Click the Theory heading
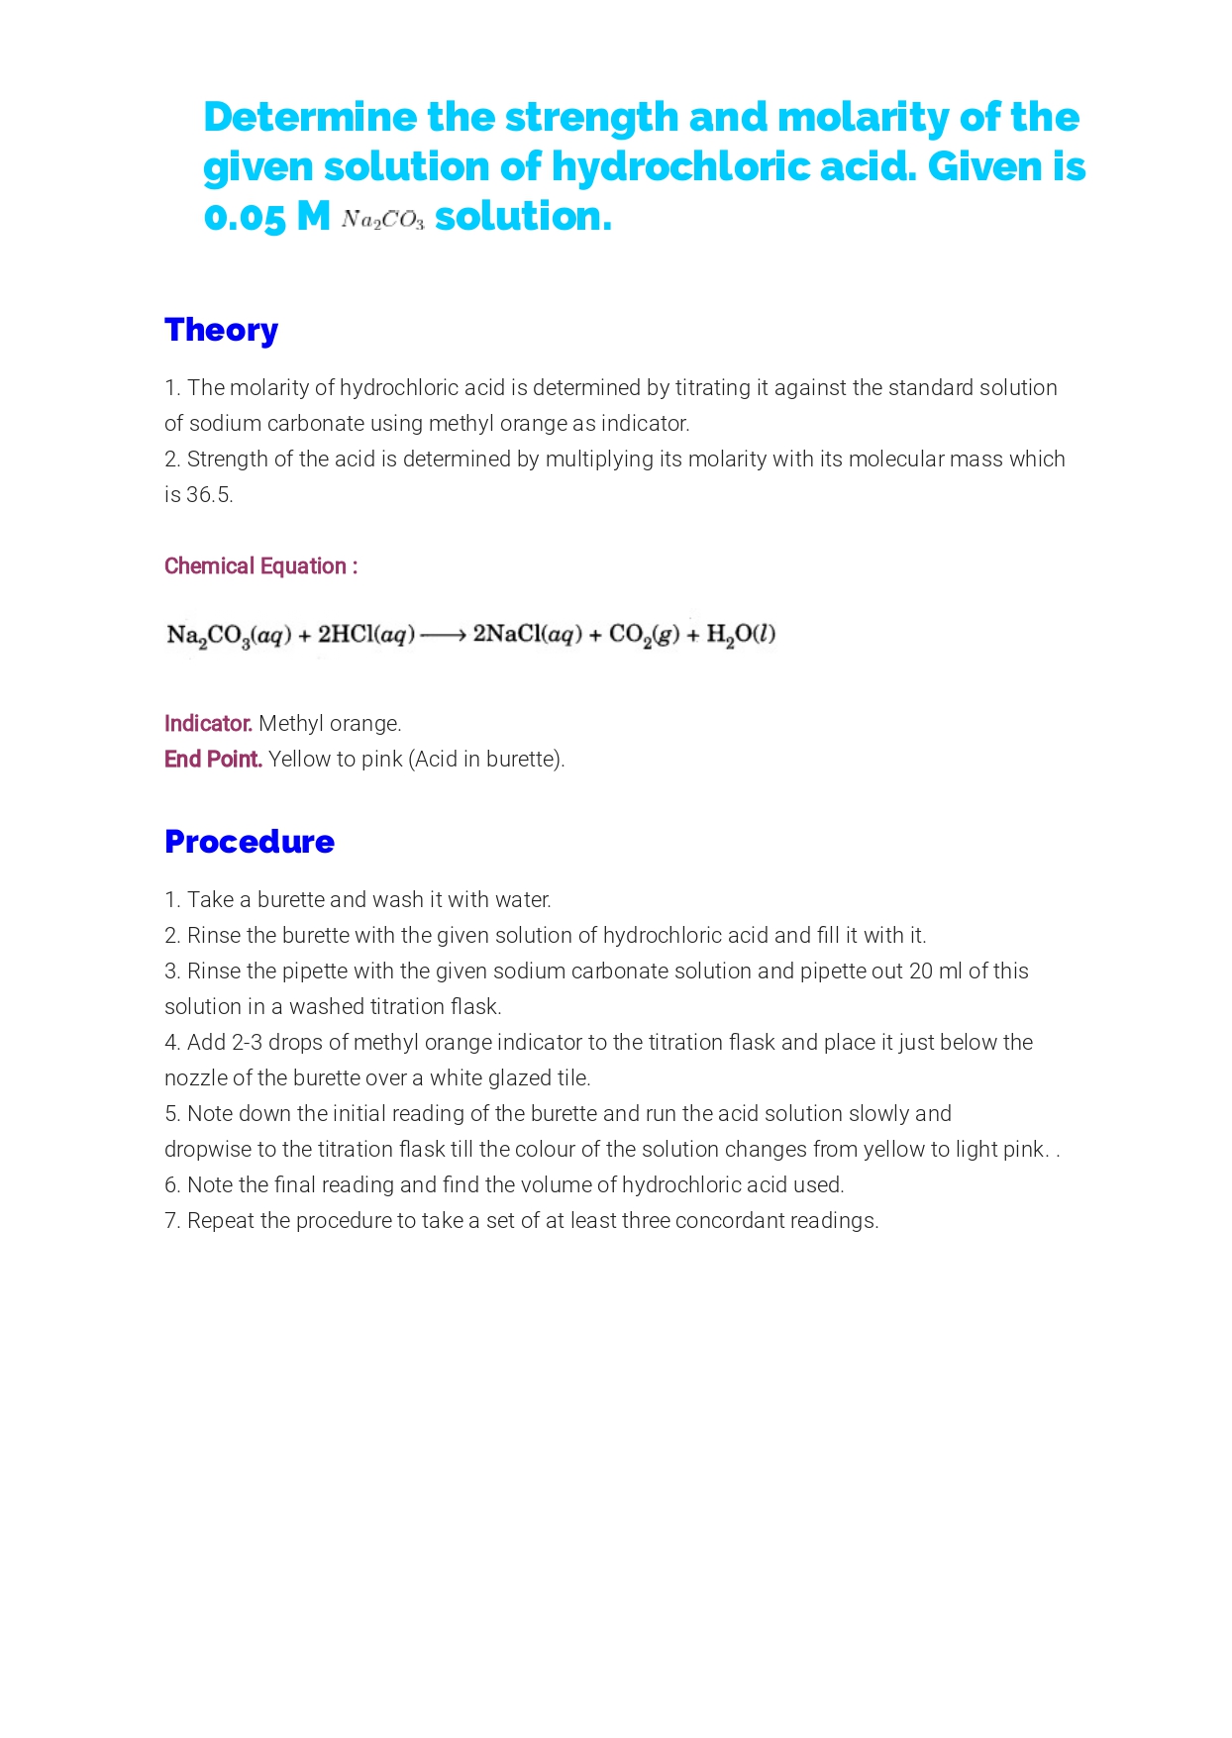click(x=221, y=330)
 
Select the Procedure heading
click(x=250, y=842)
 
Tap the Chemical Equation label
click(x=260, y=566)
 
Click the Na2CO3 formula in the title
click(x=383, y=220)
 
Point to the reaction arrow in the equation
click(x=443, y=635)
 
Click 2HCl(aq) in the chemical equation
click(x=366, y=635)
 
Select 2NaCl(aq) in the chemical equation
click(x=528, y=635)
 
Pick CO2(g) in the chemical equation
click(x=644, y=635)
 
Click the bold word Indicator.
click(x=208, y=724)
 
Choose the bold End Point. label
click(x=213, y=760)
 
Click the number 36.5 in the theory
click(x=209, y=495)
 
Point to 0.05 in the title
click(x=245, y=217)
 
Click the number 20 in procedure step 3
click(x=921, y=971)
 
